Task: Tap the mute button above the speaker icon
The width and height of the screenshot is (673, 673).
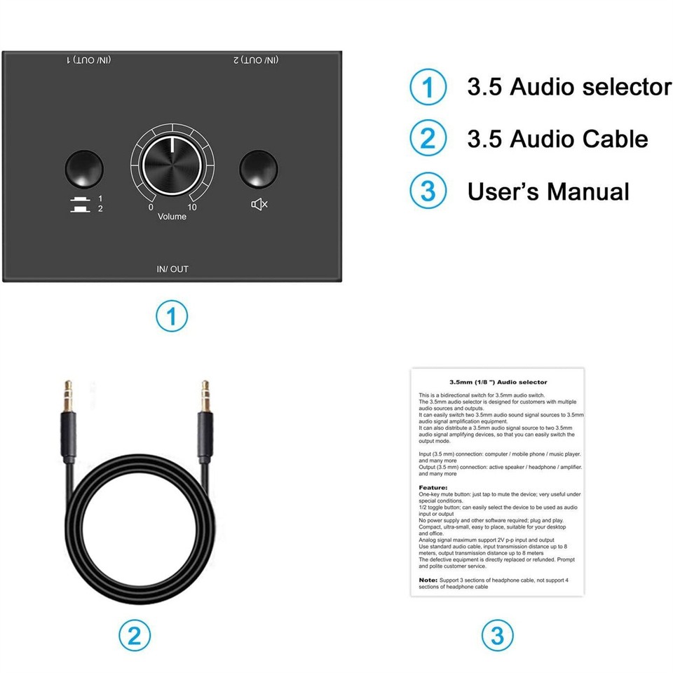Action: [x=258, y=167]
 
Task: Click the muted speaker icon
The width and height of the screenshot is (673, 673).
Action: [x=259, y=204]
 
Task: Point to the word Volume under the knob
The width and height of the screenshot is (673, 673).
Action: [x=172, y=217]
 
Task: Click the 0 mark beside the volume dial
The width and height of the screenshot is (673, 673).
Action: [x=150, y=207]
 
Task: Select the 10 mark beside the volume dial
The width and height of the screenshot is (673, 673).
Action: [x=192, y=207]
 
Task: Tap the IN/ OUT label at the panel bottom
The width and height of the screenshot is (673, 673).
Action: [x=172, y=269]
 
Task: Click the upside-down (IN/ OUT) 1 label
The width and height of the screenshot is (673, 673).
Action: [x=90, y=60]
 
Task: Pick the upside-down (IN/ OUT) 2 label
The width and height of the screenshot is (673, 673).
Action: [x=257, y=60]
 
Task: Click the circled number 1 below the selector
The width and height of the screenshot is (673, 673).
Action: [x=172, y=316]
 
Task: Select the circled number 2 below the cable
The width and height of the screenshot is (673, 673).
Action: [x=135, y=635]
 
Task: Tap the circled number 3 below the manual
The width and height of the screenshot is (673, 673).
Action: [x=497, y=635]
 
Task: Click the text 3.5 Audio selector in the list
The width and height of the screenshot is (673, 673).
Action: [x=569, y=87]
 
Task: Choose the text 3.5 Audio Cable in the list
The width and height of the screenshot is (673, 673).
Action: [x=557, y=139]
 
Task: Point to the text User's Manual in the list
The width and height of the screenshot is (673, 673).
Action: [x=548, y=191]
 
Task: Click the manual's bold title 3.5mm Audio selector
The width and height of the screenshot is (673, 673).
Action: [x=498, y=382]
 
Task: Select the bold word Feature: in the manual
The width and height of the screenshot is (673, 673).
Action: [x=433, y=487]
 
